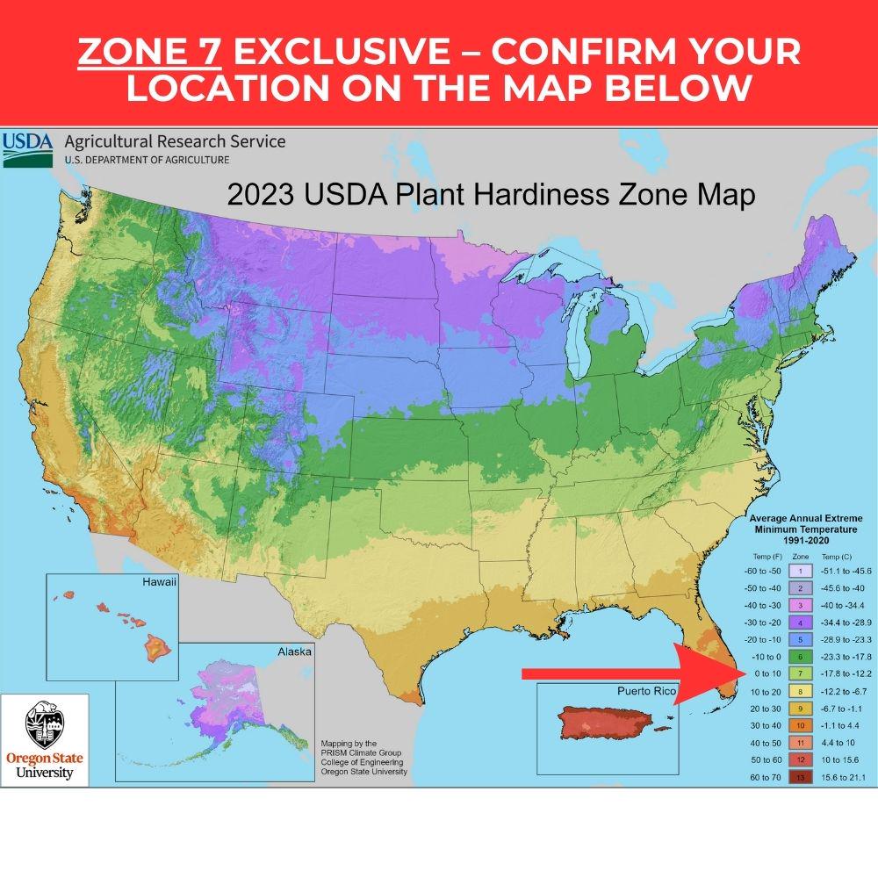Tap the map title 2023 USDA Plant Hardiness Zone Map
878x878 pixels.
coord(491,195)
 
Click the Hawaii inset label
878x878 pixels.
coord(159,583)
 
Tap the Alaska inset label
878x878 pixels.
coord(294,652)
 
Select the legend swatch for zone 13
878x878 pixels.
coord(800,777)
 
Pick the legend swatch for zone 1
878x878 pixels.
coord(800,571)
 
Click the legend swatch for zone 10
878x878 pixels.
coord(800,725)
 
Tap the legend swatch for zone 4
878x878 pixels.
coord(800,622)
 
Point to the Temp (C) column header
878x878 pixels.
coord(840,557)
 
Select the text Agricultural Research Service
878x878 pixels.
coord(175,141)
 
